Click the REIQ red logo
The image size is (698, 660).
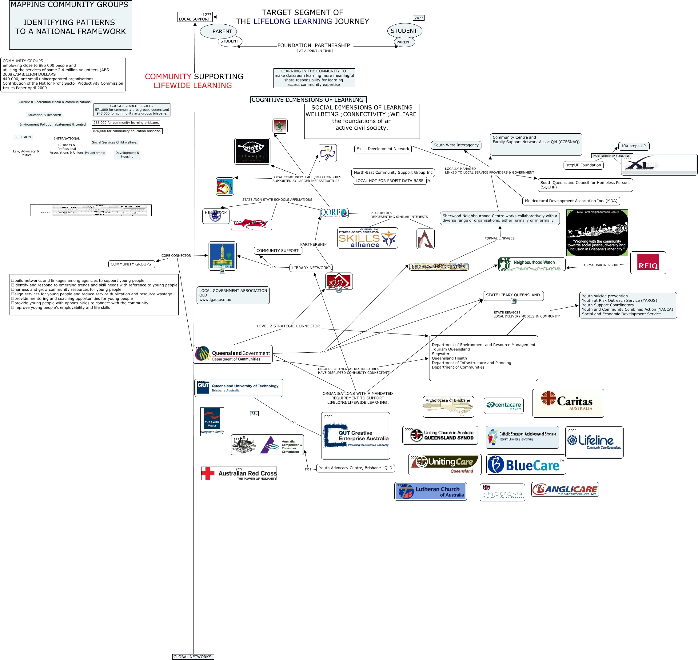[648, 262]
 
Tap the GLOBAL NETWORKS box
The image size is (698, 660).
[193, 657]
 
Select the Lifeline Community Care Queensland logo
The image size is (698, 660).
[594, 442]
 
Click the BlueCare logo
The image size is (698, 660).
[526, 464]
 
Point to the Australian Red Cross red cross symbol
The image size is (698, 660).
[208, 473]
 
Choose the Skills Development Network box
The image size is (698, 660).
[382, 149]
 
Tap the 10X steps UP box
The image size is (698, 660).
[633, 146]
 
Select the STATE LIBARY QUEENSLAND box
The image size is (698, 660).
[513, 295]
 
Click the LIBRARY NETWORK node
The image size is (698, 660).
[310, 268]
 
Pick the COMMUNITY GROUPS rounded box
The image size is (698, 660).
[131, 264]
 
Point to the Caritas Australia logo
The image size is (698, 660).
[568, 403]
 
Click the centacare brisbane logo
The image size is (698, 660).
[503, 406]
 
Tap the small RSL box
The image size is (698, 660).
[254, 414]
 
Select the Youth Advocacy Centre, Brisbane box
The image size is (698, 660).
[355, 468]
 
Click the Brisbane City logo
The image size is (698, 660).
[222, 256]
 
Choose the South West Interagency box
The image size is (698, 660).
[456, 145]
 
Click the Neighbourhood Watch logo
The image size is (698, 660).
[531, 264]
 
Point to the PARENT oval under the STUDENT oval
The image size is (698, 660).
[404, 42]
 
